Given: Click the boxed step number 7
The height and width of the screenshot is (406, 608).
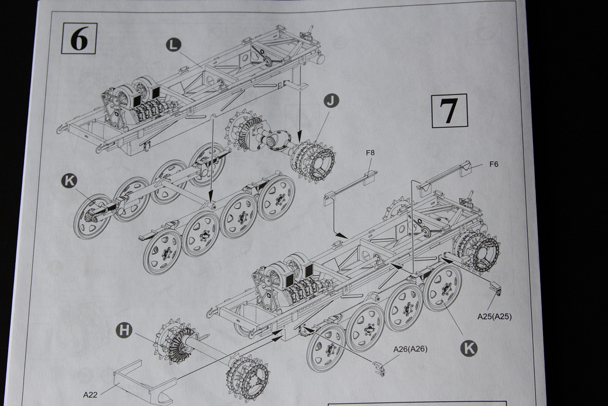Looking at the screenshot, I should (449, 110).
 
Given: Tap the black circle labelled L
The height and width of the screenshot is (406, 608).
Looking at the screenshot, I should (173, 44).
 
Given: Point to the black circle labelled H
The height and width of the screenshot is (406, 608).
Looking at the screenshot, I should (124, 330).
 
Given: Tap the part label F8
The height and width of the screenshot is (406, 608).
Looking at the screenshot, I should (370, 153).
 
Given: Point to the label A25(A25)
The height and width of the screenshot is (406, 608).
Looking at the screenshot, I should (494, 317).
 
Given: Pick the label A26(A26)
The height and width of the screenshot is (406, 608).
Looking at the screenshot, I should (410, 349).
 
